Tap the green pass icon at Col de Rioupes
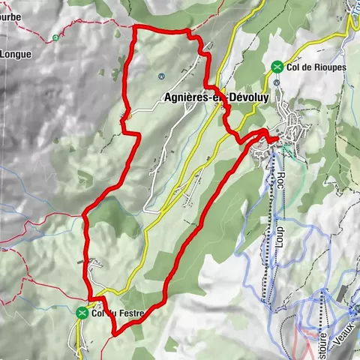[x=278, y=67]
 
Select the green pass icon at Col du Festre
[x=81, y=313]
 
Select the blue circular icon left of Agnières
[x=162, y=76]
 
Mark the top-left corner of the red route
[x=134, y=28]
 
